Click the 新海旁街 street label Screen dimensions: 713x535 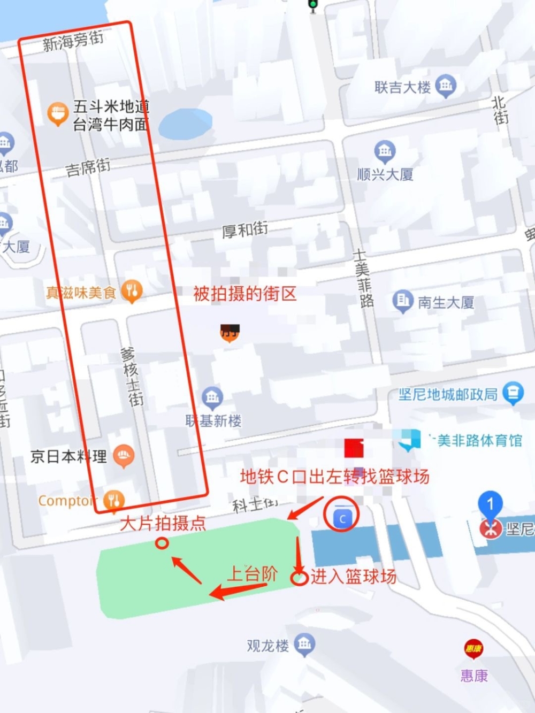coord(73,41)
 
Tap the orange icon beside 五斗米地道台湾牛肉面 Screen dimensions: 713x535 coord(57,113)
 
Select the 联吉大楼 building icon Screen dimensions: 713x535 coord(446,86)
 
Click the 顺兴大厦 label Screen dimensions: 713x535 coord(385,174)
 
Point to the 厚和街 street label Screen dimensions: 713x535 coord(245,230)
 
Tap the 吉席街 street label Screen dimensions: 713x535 coord(88,168)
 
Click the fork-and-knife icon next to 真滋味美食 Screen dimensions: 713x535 coord(131,291)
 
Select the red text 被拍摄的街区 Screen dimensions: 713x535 coord(244,294)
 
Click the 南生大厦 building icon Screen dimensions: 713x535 coord(403,301)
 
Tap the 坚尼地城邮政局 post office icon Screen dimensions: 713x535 coord(513,393)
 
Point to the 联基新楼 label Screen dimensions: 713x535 coord(213,421)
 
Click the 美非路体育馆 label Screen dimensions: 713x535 coord(479,441)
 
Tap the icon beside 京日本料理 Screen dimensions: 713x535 coord(124,455)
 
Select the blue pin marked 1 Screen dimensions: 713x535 coord(490,505)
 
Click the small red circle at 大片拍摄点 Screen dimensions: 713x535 coord(162,543)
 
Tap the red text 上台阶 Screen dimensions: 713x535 coord(252,574)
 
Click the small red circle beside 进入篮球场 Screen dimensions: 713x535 coord(299,578)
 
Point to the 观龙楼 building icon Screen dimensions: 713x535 coord(304,644)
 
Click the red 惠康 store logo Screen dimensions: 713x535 coord(473,649)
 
